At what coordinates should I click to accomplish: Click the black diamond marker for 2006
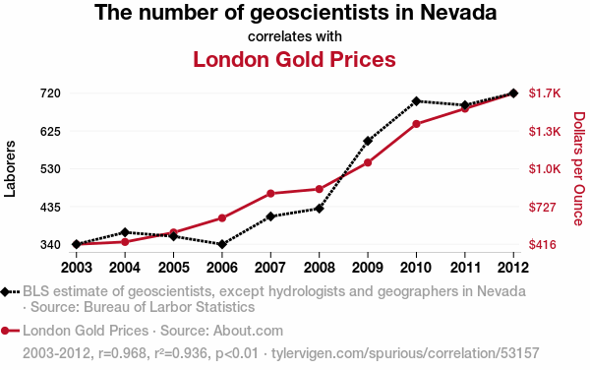click(222, 244)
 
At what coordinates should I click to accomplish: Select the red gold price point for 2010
click(416, 124)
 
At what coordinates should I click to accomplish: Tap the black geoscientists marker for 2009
click(368, 141)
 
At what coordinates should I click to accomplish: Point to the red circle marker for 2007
click(270, 194)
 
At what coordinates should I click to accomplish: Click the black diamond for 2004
click(125, 232)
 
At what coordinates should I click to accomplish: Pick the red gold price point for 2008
click(319, 189)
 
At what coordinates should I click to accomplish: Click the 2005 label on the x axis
click(173, 268)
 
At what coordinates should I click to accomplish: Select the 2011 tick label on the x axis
click(465, 268)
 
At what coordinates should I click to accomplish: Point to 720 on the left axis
click(50, 92)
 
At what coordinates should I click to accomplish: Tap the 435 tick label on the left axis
click(50, 207)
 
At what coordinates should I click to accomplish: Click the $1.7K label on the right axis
click(545, 92)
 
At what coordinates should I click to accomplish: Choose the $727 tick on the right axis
click(542, 207)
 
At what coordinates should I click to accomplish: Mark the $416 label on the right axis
click(542, 245)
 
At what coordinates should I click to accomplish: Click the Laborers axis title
click(10, 168)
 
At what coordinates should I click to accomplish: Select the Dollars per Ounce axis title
click(579, 168)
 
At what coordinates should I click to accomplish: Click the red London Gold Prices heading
click(294, 59)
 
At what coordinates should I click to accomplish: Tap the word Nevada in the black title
click(458, 12)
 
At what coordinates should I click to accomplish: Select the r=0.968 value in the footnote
click(122, 353)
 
